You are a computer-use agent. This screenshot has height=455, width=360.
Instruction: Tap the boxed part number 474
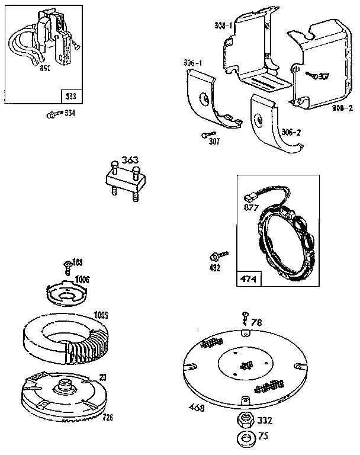pyautogui.click(x=247, y=278)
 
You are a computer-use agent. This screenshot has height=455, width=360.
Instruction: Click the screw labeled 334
pyautogui.click(x=52, y=114)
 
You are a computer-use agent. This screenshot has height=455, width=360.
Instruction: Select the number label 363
pyautogui.click(x=130, y=159)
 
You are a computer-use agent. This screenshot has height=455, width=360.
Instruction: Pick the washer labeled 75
pyautogui.click(x=243, y=439)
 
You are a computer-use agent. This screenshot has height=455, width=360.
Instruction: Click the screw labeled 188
pyautogui.click(x=66, y=265)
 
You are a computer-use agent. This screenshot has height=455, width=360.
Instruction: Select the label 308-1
pyautogui.click(x=223, y=27)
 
